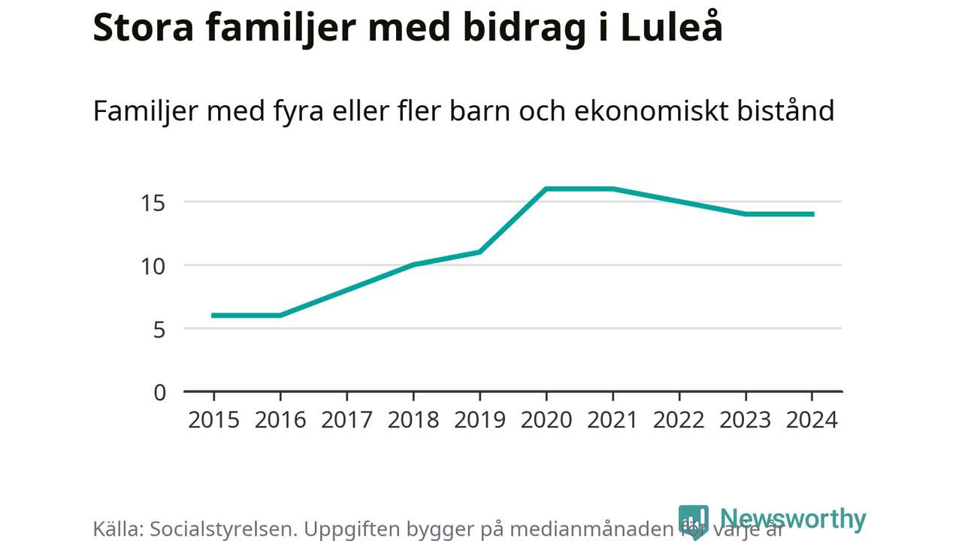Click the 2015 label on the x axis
(213, 419)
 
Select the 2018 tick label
(413, 419)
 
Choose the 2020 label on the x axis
(546, 419)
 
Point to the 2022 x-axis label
(679, 419)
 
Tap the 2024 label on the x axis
(812, 419)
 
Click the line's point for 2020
(546, 189)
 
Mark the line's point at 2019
(479, 252)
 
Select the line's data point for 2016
(280, 316)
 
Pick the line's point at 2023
(746, 214)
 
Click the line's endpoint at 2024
(812, 214)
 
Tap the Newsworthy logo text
(793, 519)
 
